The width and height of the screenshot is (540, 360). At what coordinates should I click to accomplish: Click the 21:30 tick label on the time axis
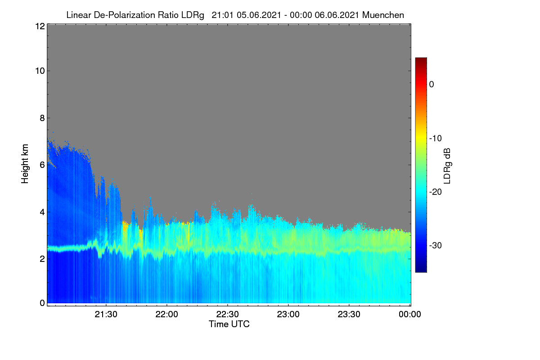coord(106,315)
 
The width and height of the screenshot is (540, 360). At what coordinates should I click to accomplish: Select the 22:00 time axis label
coord(166,315)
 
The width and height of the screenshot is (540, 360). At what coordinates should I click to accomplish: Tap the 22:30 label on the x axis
coord(227,315)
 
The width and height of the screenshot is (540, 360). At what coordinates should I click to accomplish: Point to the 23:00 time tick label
coord(288,315)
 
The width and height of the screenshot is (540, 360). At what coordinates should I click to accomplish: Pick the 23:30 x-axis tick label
coord(349,315)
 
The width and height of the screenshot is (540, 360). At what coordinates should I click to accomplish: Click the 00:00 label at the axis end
coord(410,315)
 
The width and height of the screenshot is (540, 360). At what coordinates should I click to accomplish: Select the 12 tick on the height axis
coord(40,26)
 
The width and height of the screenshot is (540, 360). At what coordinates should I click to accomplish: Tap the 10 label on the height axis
coord(40,71)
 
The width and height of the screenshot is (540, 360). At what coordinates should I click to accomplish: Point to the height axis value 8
coord(42,118)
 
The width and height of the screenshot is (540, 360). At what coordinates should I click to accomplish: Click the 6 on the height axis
coord(42,165)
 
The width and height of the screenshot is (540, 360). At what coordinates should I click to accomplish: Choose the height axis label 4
coord(42,212)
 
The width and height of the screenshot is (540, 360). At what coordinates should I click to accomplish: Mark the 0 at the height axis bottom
coord(42,303)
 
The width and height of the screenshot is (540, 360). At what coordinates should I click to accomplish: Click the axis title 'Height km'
coord(25,164)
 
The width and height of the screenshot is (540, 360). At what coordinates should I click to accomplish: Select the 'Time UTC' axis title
coord(229,324)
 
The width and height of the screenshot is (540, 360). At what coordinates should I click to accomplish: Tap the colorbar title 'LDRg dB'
coord(447,166)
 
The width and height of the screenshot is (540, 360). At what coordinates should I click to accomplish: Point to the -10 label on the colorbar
coord(436,139)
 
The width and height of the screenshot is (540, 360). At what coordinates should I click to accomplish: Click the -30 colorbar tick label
coord(436,245)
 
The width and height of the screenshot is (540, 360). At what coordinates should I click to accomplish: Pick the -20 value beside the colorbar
coord(436,192)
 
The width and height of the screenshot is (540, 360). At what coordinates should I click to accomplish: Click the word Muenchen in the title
coord(383,15)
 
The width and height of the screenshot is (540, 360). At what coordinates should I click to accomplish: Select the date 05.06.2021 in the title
coord(259,15)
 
